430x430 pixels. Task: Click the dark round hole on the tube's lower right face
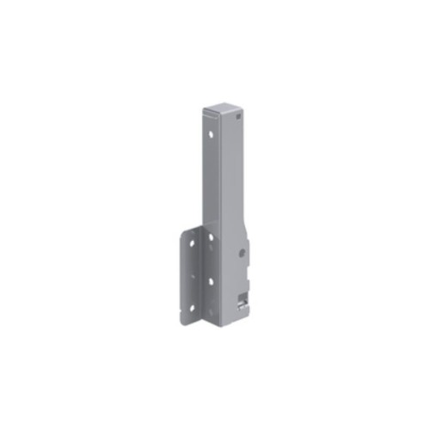coord(242,252)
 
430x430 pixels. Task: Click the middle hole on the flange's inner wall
coord(209,279)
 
